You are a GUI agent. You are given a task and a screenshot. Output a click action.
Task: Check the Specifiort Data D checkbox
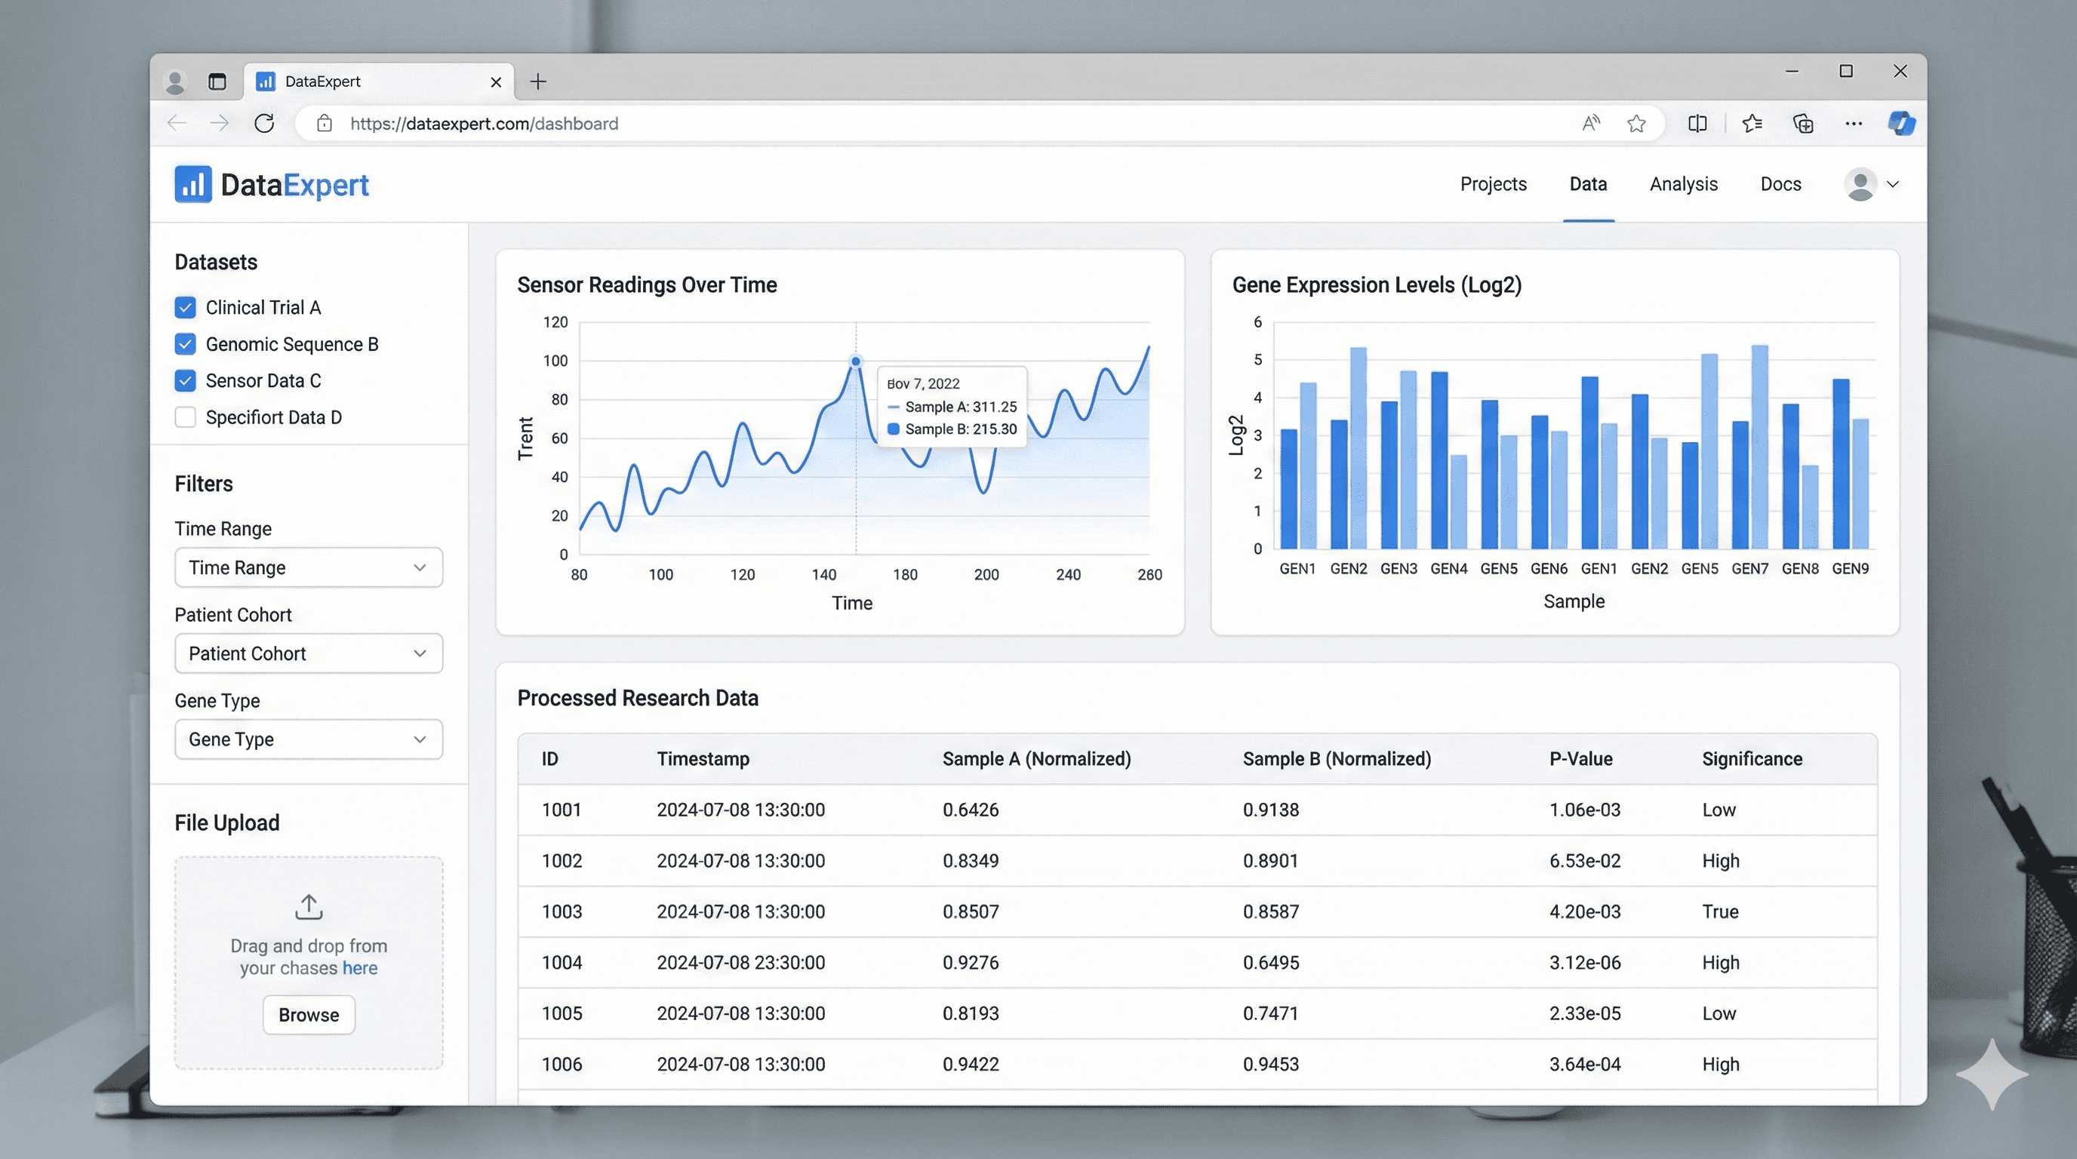[x=185, y=417]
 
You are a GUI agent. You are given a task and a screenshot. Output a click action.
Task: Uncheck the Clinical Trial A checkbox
[x=185, y=307]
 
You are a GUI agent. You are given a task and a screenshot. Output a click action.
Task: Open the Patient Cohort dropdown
[x=308, y=653]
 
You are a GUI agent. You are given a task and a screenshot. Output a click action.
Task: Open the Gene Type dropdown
[x=308, y=739]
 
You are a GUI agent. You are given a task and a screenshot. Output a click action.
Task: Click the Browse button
[x=308, y=1015]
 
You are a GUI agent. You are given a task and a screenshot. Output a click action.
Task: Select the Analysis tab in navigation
[x=1683, y=185]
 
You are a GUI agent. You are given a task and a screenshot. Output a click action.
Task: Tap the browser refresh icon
[x=263, y=123]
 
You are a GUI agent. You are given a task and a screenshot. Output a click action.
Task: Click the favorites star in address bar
[x=1635, y=123]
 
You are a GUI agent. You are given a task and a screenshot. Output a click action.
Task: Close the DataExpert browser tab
[x=496, y=82]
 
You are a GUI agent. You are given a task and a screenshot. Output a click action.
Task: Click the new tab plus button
[x=538, y=81]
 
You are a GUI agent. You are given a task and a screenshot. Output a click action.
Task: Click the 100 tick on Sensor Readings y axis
[x=555, y=361]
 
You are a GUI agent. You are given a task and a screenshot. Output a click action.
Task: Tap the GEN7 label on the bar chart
[x=1749, y=569]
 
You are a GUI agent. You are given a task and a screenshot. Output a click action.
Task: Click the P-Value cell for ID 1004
[x=1583, y=962]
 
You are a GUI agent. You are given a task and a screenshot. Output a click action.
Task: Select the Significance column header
[x=1751, y=759]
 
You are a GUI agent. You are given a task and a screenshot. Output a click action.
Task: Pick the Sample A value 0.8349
[x=970, y=861]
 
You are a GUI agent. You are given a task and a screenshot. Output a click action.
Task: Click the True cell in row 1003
[x=1719, y=912]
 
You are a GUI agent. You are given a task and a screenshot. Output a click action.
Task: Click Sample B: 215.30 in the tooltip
[x=959, y=429]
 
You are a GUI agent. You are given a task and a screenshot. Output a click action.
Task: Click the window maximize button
[x=1845, y=71]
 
